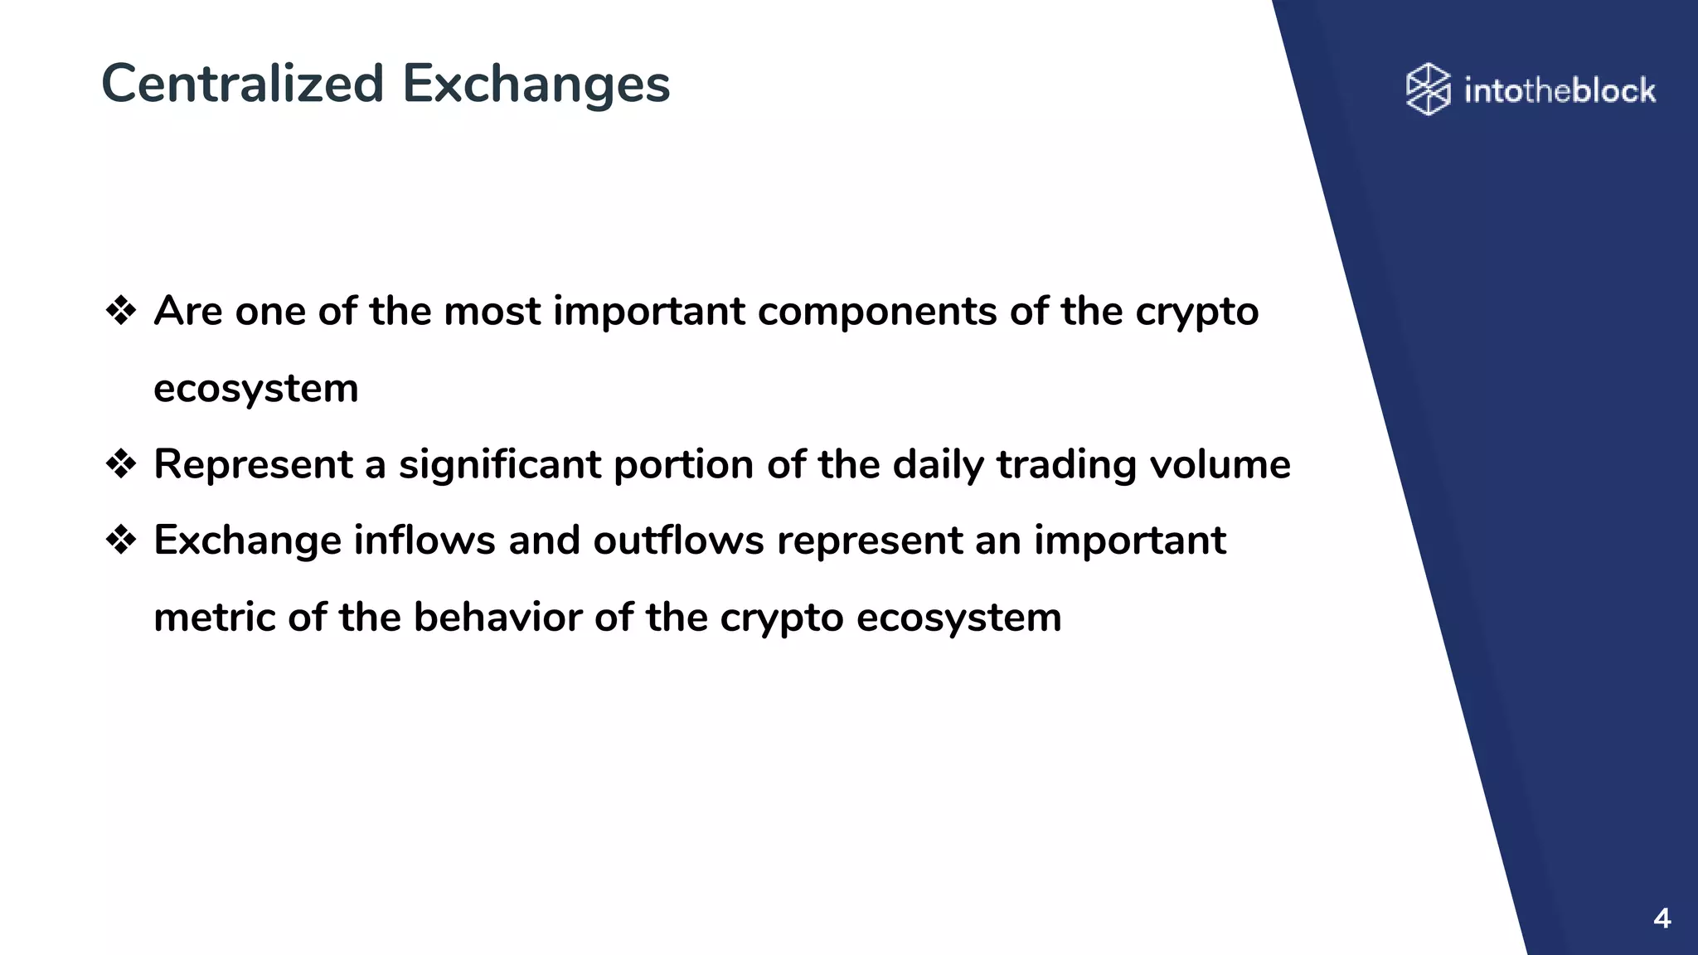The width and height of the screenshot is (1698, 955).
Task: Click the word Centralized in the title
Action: click(242, 84)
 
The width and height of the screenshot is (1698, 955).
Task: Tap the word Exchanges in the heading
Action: click(536, 84)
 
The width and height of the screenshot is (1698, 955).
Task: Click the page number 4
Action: click(1662, 919)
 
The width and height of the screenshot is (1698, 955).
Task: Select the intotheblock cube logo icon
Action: click(1428, 89)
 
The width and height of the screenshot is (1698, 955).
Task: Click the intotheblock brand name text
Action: click(1560, 90)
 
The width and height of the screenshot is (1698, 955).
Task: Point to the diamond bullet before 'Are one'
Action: click(121, 311)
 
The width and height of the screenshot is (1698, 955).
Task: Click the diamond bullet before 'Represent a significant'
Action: click(121, 464)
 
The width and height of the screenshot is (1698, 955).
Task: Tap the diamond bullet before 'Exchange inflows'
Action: click(121, 541)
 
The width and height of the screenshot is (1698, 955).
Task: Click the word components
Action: click(877, 313)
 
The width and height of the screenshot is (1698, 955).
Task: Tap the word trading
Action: click(1066, 464)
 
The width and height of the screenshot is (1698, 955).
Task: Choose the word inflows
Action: click(424, 541)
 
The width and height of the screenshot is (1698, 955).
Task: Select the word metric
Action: click(214, 618)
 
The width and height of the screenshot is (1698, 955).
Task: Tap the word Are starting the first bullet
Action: click(188, 311)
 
